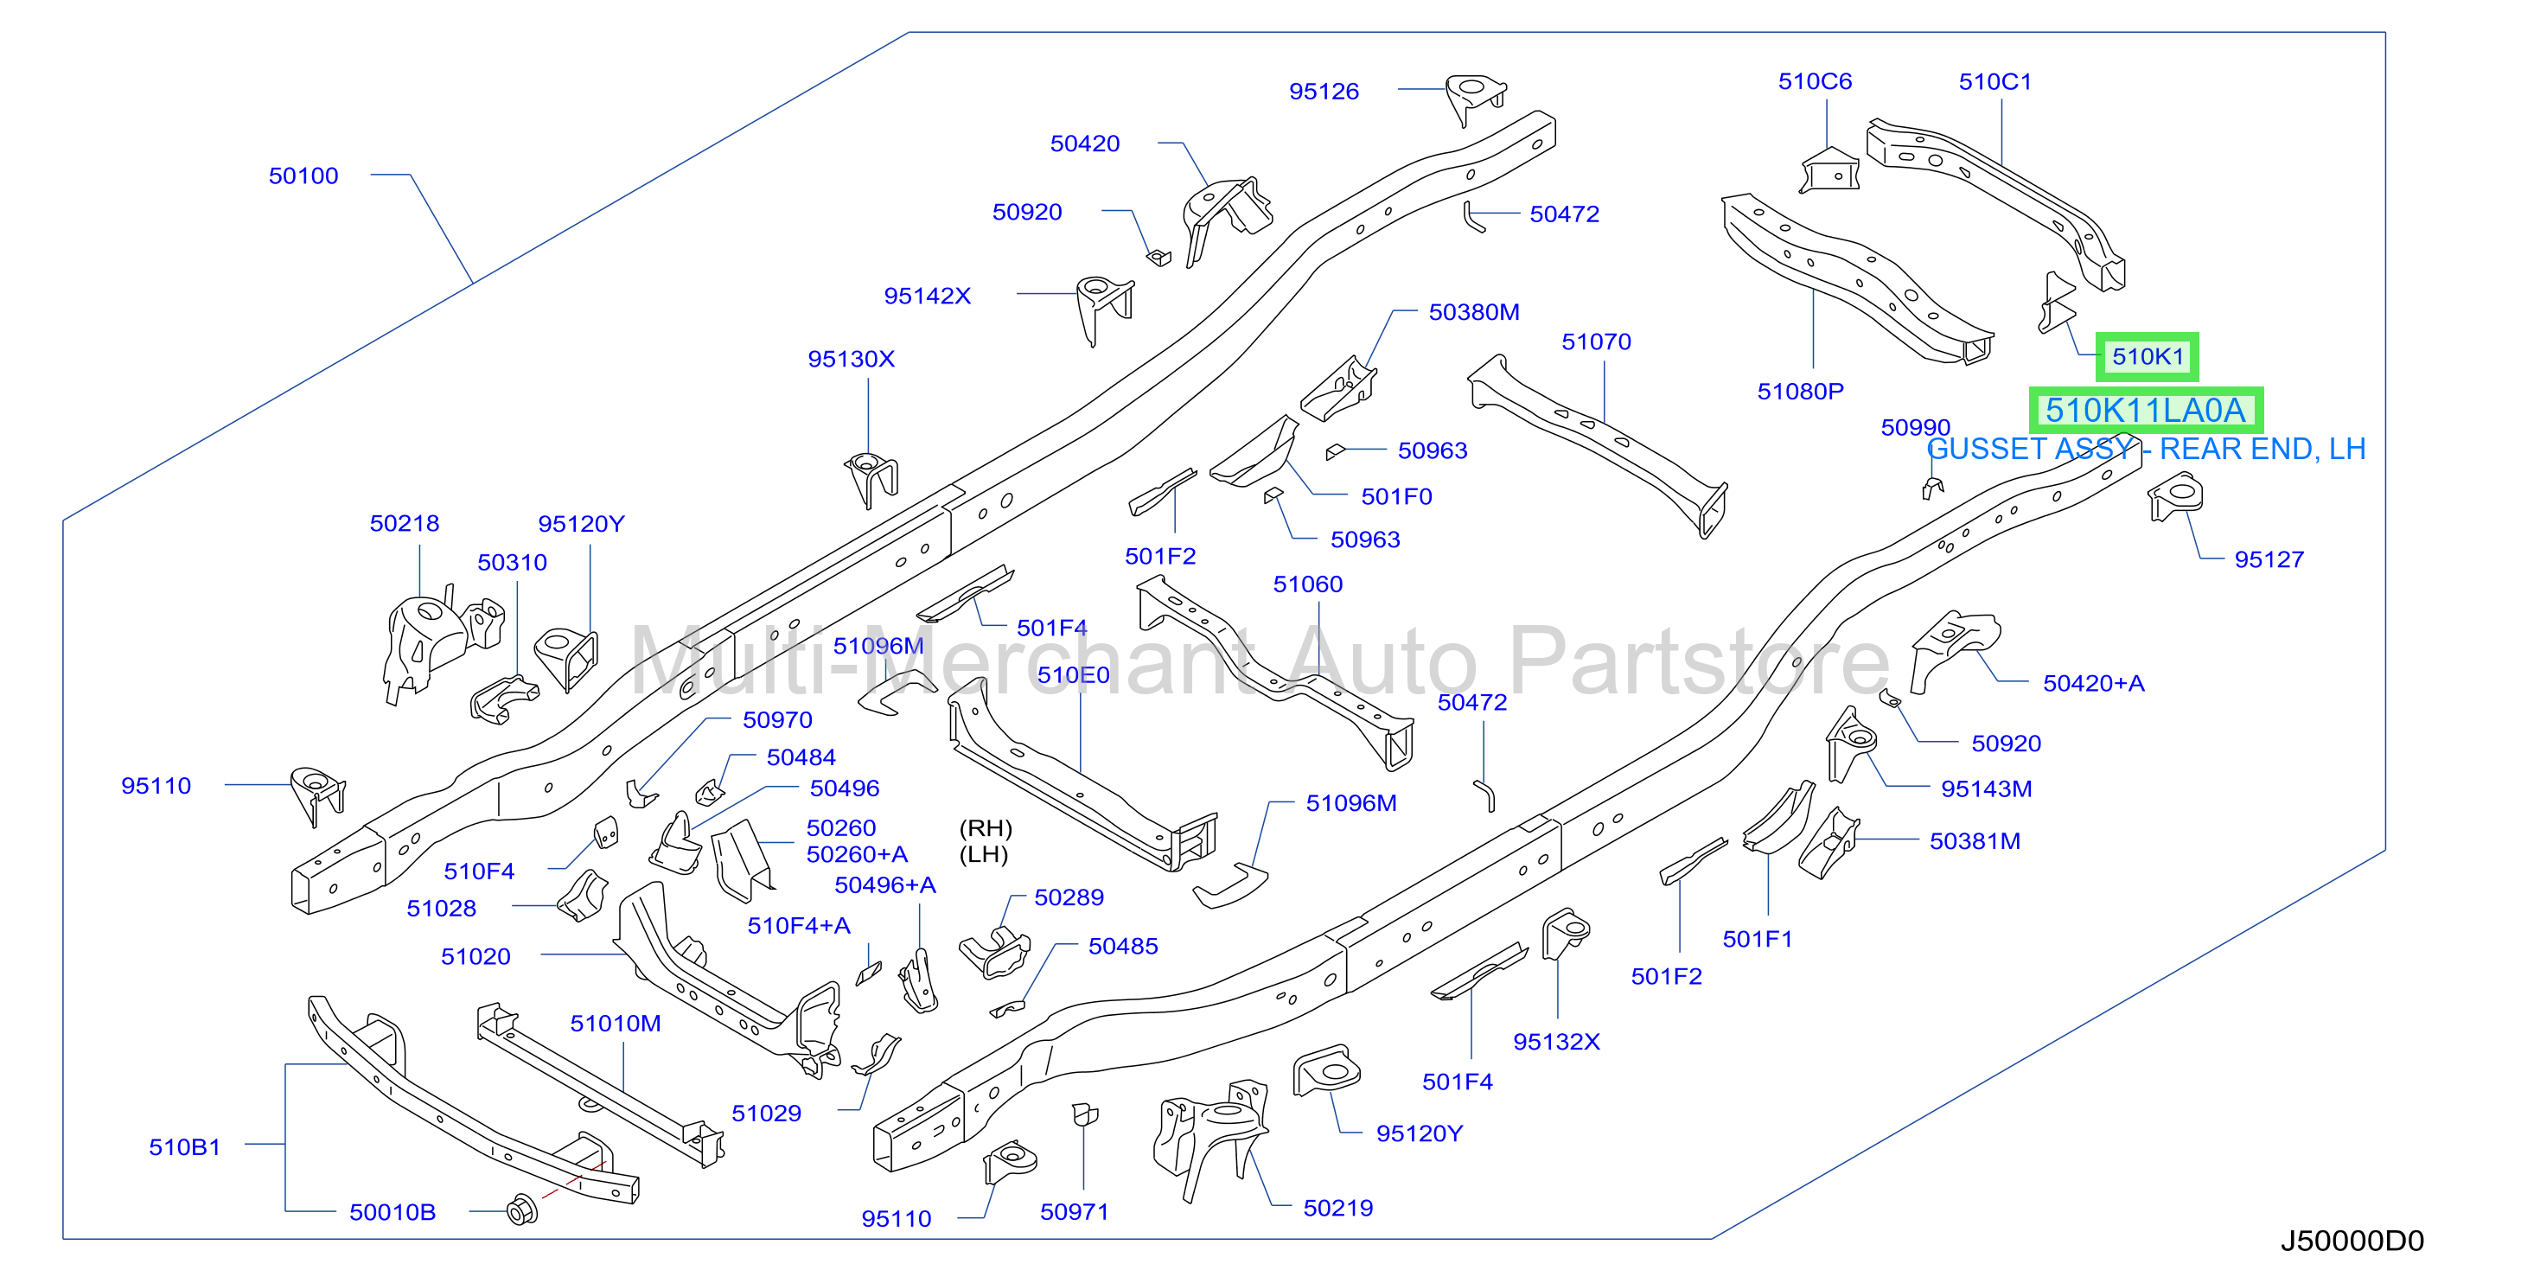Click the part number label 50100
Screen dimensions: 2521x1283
point(303,176)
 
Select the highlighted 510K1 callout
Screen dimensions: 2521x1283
point(2148,356)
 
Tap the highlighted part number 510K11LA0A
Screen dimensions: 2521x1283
point(2145,410)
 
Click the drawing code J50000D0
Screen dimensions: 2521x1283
point(2352,1241)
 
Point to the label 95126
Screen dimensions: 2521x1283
point(1324,91)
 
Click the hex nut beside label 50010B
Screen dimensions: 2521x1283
point(521,1210)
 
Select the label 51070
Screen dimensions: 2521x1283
point(1596,341)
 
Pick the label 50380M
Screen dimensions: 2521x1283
point(1474,312)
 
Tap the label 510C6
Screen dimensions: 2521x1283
point(1815,81)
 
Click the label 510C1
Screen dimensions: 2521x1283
point(1994,81)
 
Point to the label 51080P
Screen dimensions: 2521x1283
point(1800,392)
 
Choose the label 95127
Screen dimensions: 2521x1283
point(2269,559)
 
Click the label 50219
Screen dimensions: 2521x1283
point(1337,1208)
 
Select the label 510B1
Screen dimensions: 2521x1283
point(184,1147)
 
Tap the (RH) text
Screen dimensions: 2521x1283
point(986,828)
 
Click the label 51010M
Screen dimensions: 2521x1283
point(616,1023)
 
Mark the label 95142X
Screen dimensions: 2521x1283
point(927,296)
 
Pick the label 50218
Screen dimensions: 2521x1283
point(405,524)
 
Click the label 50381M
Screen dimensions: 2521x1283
point(1974,840)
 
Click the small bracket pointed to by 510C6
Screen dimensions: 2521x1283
point(1829,170)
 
